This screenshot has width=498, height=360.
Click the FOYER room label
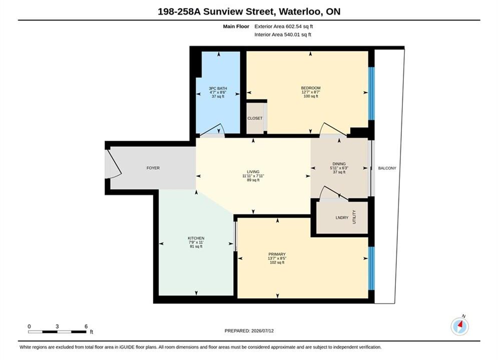(153, 168)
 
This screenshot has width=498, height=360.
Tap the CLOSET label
(255, 118)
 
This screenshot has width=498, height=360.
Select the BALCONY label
(387, 168)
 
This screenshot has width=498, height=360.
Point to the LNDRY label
(342, 218)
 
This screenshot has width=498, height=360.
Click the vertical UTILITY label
(354, 217)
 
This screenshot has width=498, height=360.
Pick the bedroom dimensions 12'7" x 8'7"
(311, 92)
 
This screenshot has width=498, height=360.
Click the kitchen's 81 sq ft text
(196, 246)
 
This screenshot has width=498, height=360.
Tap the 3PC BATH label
(218, 88)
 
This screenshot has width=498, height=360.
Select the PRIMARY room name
(277, 254)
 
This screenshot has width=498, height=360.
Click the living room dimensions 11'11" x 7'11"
(253, 176)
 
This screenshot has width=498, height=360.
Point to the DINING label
(339, 164)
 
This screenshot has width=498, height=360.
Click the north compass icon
(459, 326)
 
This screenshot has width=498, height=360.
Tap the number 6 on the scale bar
(86, 326)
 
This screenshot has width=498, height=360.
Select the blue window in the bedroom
(371, 93)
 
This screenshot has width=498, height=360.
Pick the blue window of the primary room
(371, 268)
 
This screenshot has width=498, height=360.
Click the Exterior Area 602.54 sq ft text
(284, 26)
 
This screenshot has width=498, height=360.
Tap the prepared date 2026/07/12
(262, 331)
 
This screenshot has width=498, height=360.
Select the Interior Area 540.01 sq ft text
(283, 34)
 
